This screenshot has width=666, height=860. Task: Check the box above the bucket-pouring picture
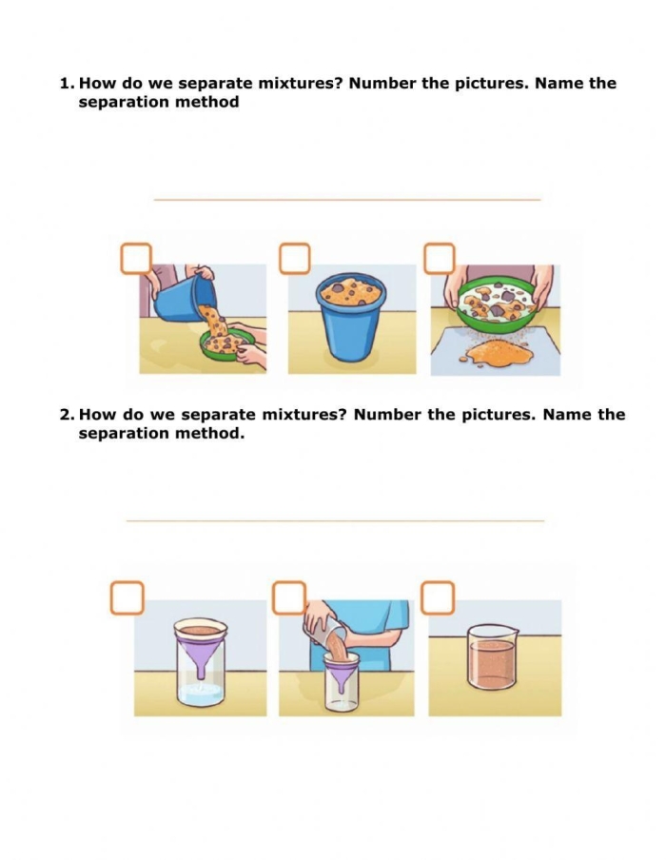click(x=136, y=259)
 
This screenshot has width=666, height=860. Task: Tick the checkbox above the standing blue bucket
click(x=295, y=259)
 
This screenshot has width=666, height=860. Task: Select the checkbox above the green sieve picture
click(x=440, y=259)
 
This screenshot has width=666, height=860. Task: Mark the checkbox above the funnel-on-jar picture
click(x=127, y=597)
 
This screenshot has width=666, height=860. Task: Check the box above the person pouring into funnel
click(x=289, y=597)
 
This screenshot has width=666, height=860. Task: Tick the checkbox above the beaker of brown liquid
click(x=438, y=597)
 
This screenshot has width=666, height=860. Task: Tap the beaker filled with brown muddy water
click(x=493, y=657)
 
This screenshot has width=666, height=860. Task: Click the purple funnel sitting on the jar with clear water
click(x=201, y=647)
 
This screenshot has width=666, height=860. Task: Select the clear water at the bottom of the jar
click(x=200, y=694)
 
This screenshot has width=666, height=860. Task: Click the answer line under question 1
click(x=347, y=200)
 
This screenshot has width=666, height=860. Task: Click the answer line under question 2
click(x=335, y=520)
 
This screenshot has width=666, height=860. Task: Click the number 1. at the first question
click(x=67, y=84)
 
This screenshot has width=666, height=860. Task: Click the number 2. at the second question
click(x=67, y=415)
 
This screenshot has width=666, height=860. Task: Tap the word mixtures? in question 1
click(x=300, y=84)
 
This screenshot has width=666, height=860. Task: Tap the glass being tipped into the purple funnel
click(x=326, y=634)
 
